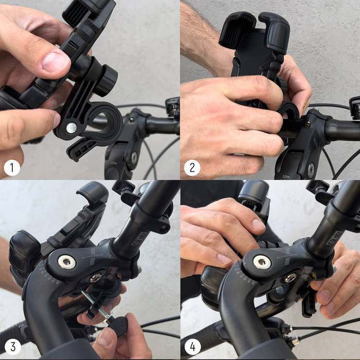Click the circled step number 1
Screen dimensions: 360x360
tap(12, 168)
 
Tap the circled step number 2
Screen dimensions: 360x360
tap(192, 168)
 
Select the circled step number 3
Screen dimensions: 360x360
tap(12, 347)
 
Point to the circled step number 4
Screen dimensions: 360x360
tap(192, 347)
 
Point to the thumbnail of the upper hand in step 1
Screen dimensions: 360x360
tap(55, 62)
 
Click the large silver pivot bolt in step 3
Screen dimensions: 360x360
tap(67, 262)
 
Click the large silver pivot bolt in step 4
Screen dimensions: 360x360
tap(262, 262)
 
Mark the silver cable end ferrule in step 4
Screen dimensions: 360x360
tap(295, 340)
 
